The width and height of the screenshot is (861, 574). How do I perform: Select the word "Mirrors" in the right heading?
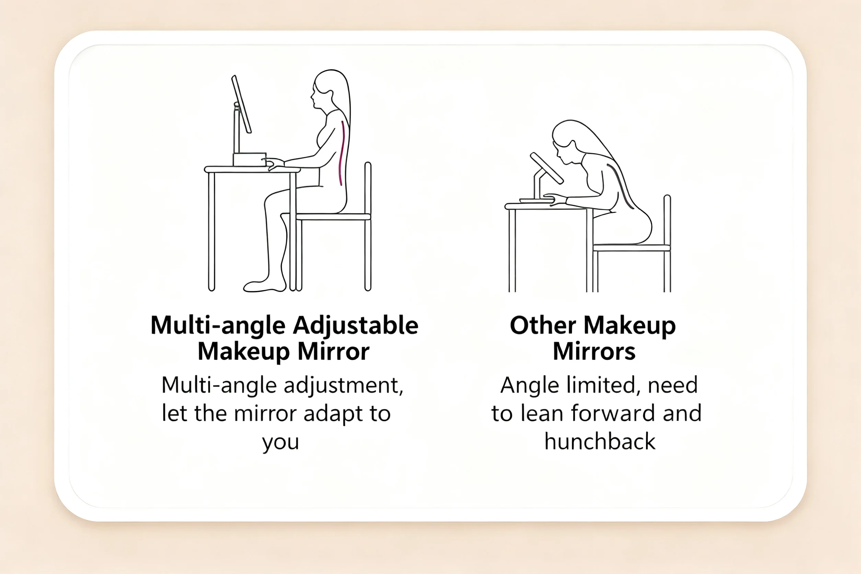click(x=594, y=352)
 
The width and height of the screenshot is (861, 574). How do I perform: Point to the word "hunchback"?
click(x=600, y=441)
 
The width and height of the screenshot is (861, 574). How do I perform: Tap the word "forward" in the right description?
click(x=613, y=413)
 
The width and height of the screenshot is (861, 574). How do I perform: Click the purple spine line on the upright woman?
click(x=342, y=153)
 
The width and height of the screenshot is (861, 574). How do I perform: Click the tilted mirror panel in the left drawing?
click(x=241, y=104)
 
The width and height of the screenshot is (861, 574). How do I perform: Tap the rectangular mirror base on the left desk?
click(x=250, y=160)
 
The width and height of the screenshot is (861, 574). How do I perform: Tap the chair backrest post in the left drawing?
click(x=368, y=226)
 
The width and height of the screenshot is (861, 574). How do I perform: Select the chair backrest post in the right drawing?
click(x=667, y=243)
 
